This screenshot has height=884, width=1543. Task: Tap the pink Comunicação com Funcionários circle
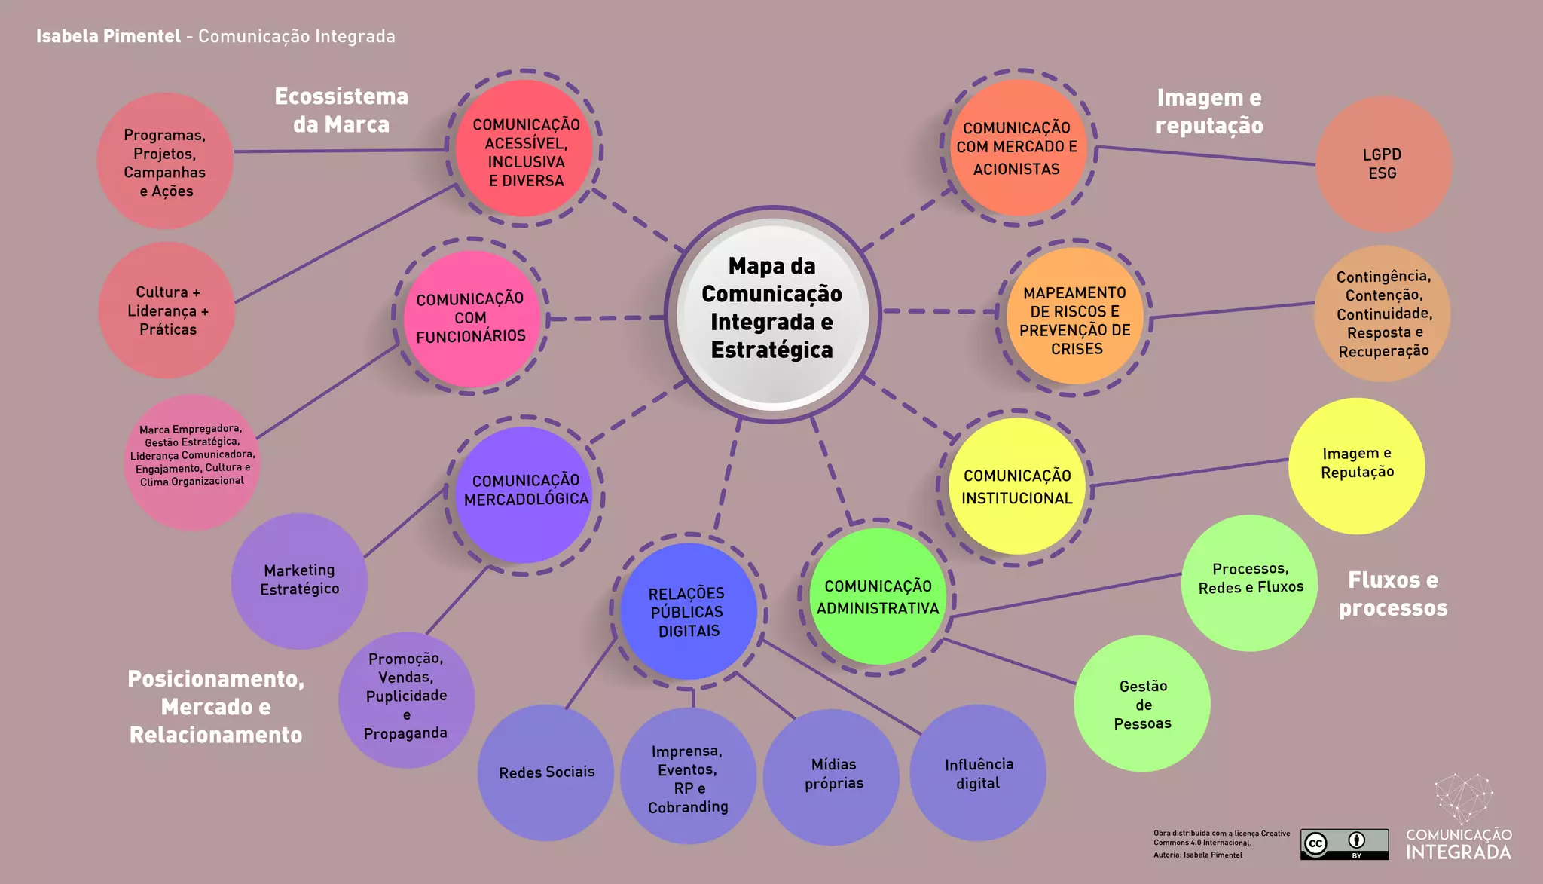coord(470,318)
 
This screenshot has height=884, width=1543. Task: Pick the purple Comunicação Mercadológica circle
coord(525,492)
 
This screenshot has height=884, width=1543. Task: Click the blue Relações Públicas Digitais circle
coord(688,612)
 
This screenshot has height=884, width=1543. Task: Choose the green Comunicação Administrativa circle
coord(878,597)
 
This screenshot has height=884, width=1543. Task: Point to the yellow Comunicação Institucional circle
coord(1016,487)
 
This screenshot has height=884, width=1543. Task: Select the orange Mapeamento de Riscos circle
coord(1075,319)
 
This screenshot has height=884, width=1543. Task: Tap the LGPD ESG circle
coord(1383,164)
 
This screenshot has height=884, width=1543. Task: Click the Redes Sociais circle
coord(546,772)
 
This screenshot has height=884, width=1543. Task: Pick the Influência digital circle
coord(978,773)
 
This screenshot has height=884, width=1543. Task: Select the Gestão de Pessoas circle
coord(1142,704)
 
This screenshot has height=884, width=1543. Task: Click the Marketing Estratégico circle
coord(299,580)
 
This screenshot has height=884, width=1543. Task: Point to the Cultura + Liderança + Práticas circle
coord(167,310)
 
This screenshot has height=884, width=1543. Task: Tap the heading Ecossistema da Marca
coord(341,110)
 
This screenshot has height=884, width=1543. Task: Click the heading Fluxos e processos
coord(1392,594)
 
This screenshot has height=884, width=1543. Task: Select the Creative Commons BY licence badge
coord(1344,843)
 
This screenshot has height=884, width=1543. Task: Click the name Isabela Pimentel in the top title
coord(108,36)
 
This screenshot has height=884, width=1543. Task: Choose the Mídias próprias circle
coord(833,775)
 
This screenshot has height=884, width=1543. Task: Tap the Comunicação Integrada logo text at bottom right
coord(1459,844)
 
